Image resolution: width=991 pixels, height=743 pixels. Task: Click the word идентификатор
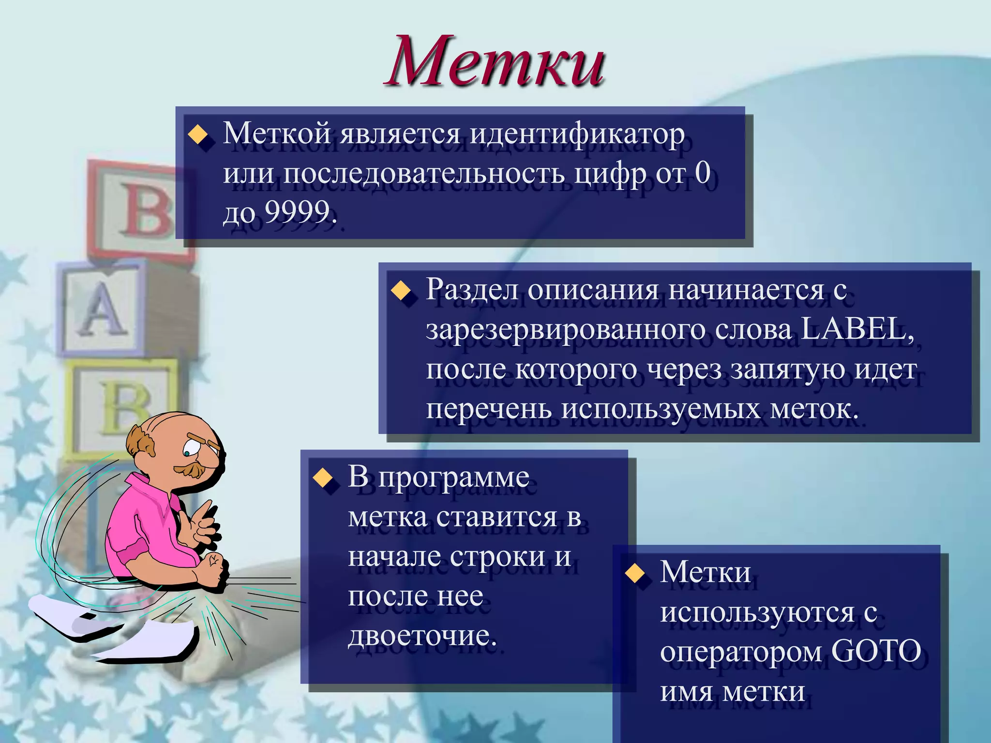pyautogui.click(x=577, y=134)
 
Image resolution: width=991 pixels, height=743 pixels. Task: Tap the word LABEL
pyautogui.click(x=856, y=329)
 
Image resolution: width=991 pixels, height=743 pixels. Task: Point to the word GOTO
pyautogui.click(x=876, y=651)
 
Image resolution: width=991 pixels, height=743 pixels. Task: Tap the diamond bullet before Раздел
pyautogui.click(x=401, y=291)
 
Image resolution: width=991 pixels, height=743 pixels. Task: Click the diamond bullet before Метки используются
pyautogui.click(x=635, y=574)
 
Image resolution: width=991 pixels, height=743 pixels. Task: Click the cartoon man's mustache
pyautogui.click(x=190, y=469)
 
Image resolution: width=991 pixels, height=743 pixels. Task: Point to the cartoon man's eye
pyautogui.click(x=187, y=453)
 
